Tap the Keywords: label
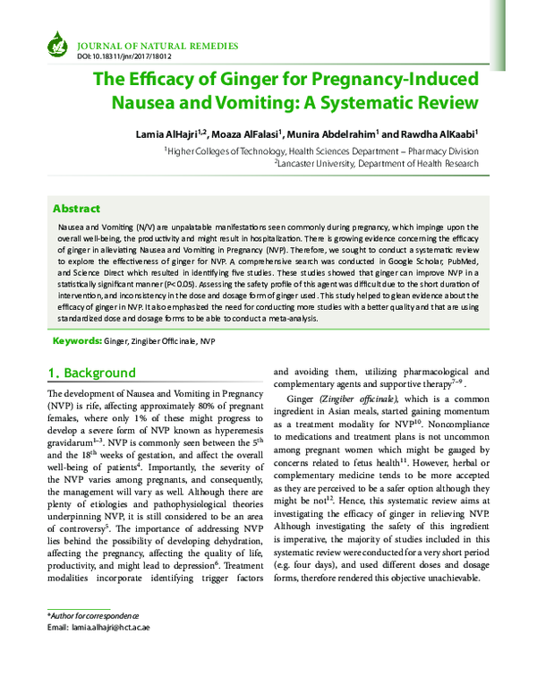76,341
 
